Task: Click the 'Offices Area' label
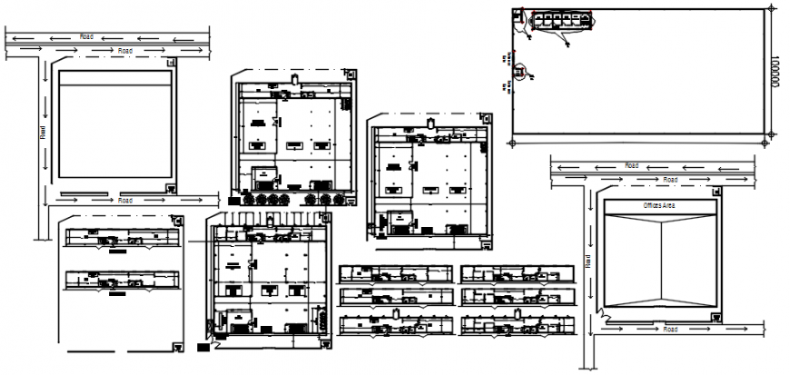pos(658,206)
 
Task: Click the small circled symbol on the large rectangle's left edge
pos(520,71)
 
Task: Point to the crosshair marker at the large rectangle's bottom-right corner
pos(770,137)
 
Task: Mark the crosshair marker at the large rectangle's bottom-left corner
pos(515,142)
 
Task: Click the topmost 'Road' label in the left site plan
pos(86,36)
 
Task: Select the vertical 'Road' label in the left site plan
pos(42,131)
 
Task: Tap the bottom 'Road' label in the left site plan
pos(125,200)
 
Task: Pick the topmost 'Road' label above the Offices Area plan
pos(630,165)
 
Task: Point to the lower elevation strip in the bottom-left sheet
pos(119,281)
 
